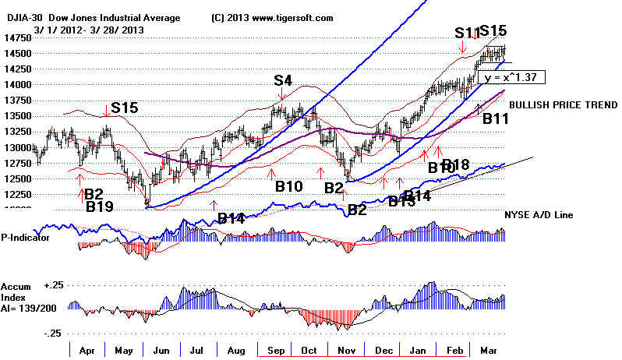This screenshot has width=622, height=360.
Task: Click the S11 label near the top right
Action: point(465,33)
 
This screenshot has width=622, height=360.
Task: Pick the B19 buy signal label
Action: point(100,206)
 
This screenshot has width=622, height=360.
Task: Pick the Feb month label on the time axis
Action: point(455,351)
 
